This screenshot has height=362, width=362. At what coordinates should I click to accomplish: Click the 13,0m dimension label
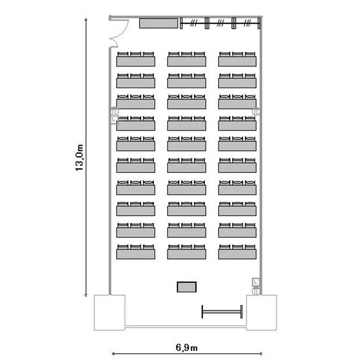79,158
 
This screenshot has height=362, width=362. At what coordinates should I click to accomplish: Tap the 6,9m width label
186,347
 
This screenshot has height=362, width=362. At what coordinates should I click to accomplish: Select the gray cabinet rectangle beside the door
159,23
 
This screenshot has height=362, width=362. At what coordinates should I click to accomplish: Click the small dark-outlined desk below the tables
186,287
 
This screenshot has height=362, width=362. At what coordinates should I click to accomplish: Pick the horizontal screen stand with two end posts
222,312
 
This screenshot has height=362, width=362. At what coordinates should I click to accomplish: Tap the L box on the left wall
114,120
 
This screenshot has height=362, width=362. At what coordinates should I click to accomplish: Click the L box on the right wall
255,282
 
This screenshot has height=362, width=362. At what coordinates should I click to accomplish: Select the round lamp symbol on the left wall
114,111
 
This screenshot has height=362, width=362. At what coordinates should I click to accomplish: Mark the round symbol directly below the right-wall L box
256,291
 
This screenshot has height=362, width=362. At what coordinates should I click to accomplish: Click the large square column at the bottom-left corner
110,313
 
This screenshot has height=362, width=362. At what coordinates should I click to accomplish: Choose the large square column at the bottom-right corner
261,313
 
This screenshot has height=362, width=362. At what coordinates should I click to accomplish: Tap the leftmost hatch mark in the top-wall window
194,23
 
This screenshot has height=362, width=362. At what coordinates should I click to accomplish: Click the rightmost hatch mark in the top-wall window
247,23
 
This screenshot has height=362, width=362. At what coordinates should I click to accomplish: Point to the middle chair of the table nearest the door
136,54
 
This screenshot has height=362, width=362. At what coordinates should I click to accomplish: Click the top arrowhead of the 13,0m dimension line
86,20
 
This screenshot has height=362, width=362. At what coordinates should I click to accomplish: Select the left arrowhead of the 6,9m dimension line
113,354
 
